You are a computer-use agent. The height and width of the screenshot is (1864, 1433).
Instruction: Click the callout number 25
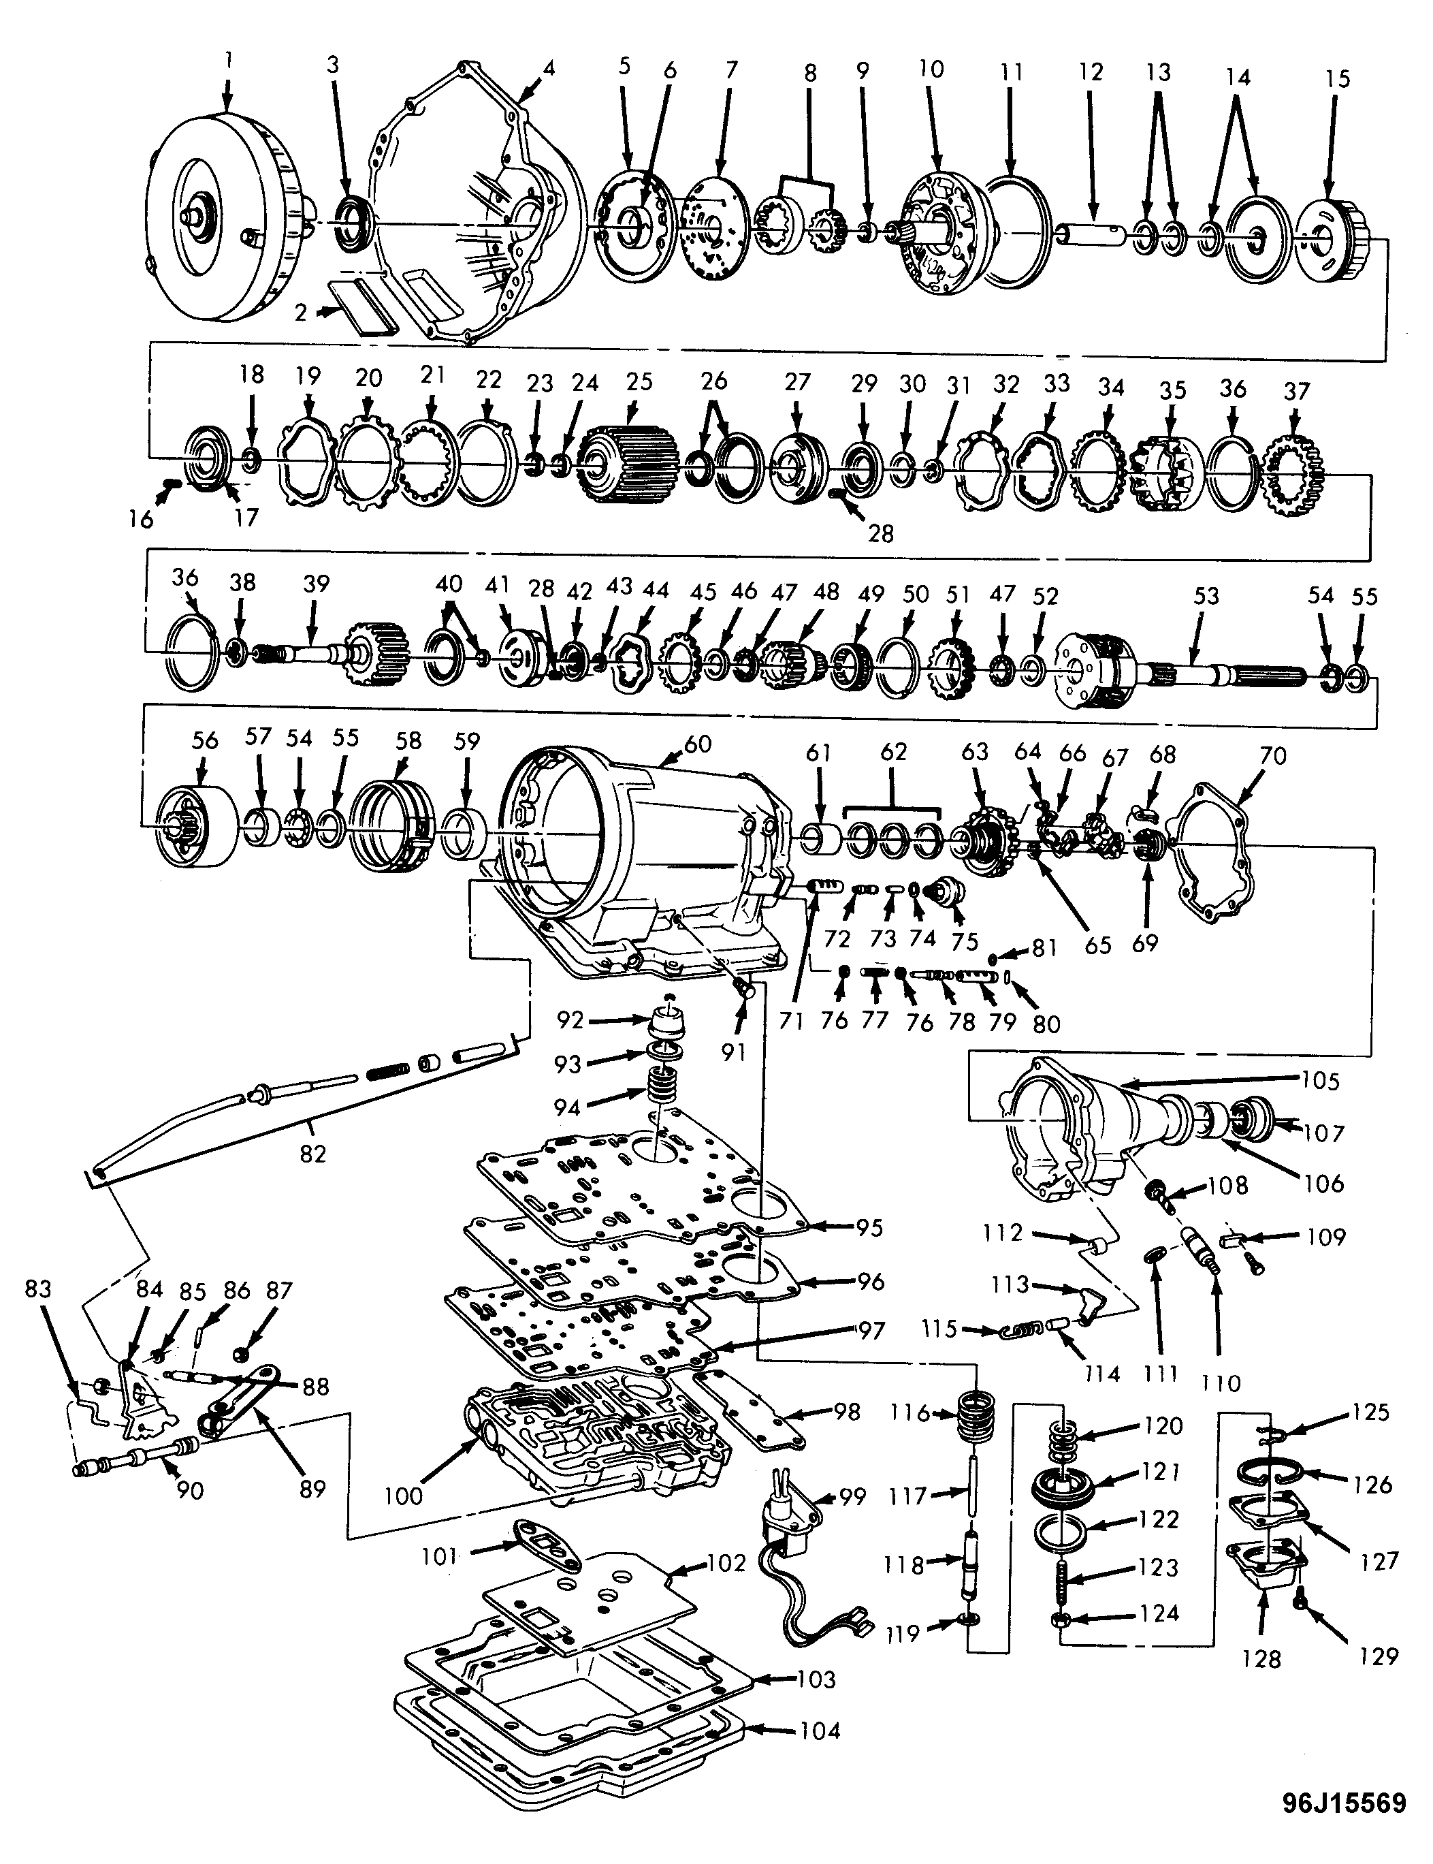[x=639, y=381]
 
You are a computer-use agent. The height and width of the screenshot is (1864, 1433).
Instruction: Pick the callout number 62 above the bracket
[x=893, y=752]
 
